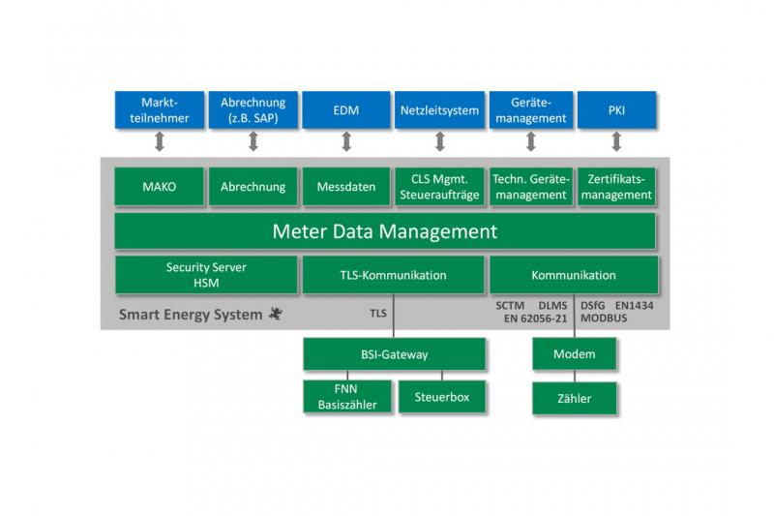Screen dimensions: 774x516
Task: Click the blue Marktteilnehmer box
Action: pos(159,109)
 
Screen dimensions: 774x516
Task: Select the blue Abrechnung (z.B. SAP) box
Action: pos(253,109)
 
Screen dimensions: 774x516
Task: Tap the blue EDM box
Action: pos(345,109)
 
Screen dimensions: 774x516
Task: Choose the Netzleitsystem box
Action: pos(439,109)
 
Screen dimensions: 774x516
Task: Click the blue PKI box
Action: pos(616,109)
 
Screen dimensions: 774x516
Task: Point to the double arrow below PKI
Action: pos(616,141)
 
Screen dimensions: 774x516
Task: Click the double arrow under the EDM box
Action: pos(346,141)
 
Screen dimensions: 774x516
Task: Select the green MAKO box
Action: pos(159,186)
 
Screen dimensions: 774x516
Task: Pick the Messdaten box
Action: pos(346,186)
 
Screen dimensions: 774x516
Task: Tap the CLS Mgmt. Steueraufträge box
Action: pos(439,186)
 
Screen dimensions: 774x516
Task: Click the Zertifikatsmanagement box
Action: pos(616,186)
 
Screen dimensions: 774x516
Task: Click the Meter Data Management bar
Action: pos(385,231)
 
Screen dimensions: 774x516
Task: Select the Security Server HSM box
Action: pos(206,275)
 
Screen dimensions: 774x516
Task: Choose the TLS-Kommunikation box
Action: pos(393,275)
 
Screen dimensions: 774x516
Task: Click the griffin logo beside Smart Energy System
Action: pos(276,313)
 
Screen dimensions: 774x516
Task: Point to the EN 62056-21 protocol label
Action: pos(536,319)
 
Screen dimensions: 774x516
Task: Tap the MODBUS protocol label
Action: pos(604,318)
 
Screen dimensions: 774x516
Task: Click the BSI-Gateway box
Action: pos(394,354)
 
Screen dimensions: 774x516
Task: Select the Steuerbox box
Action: pos(442,397)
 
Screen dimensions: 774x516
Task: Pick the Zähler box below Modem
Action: pos(574,398)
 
